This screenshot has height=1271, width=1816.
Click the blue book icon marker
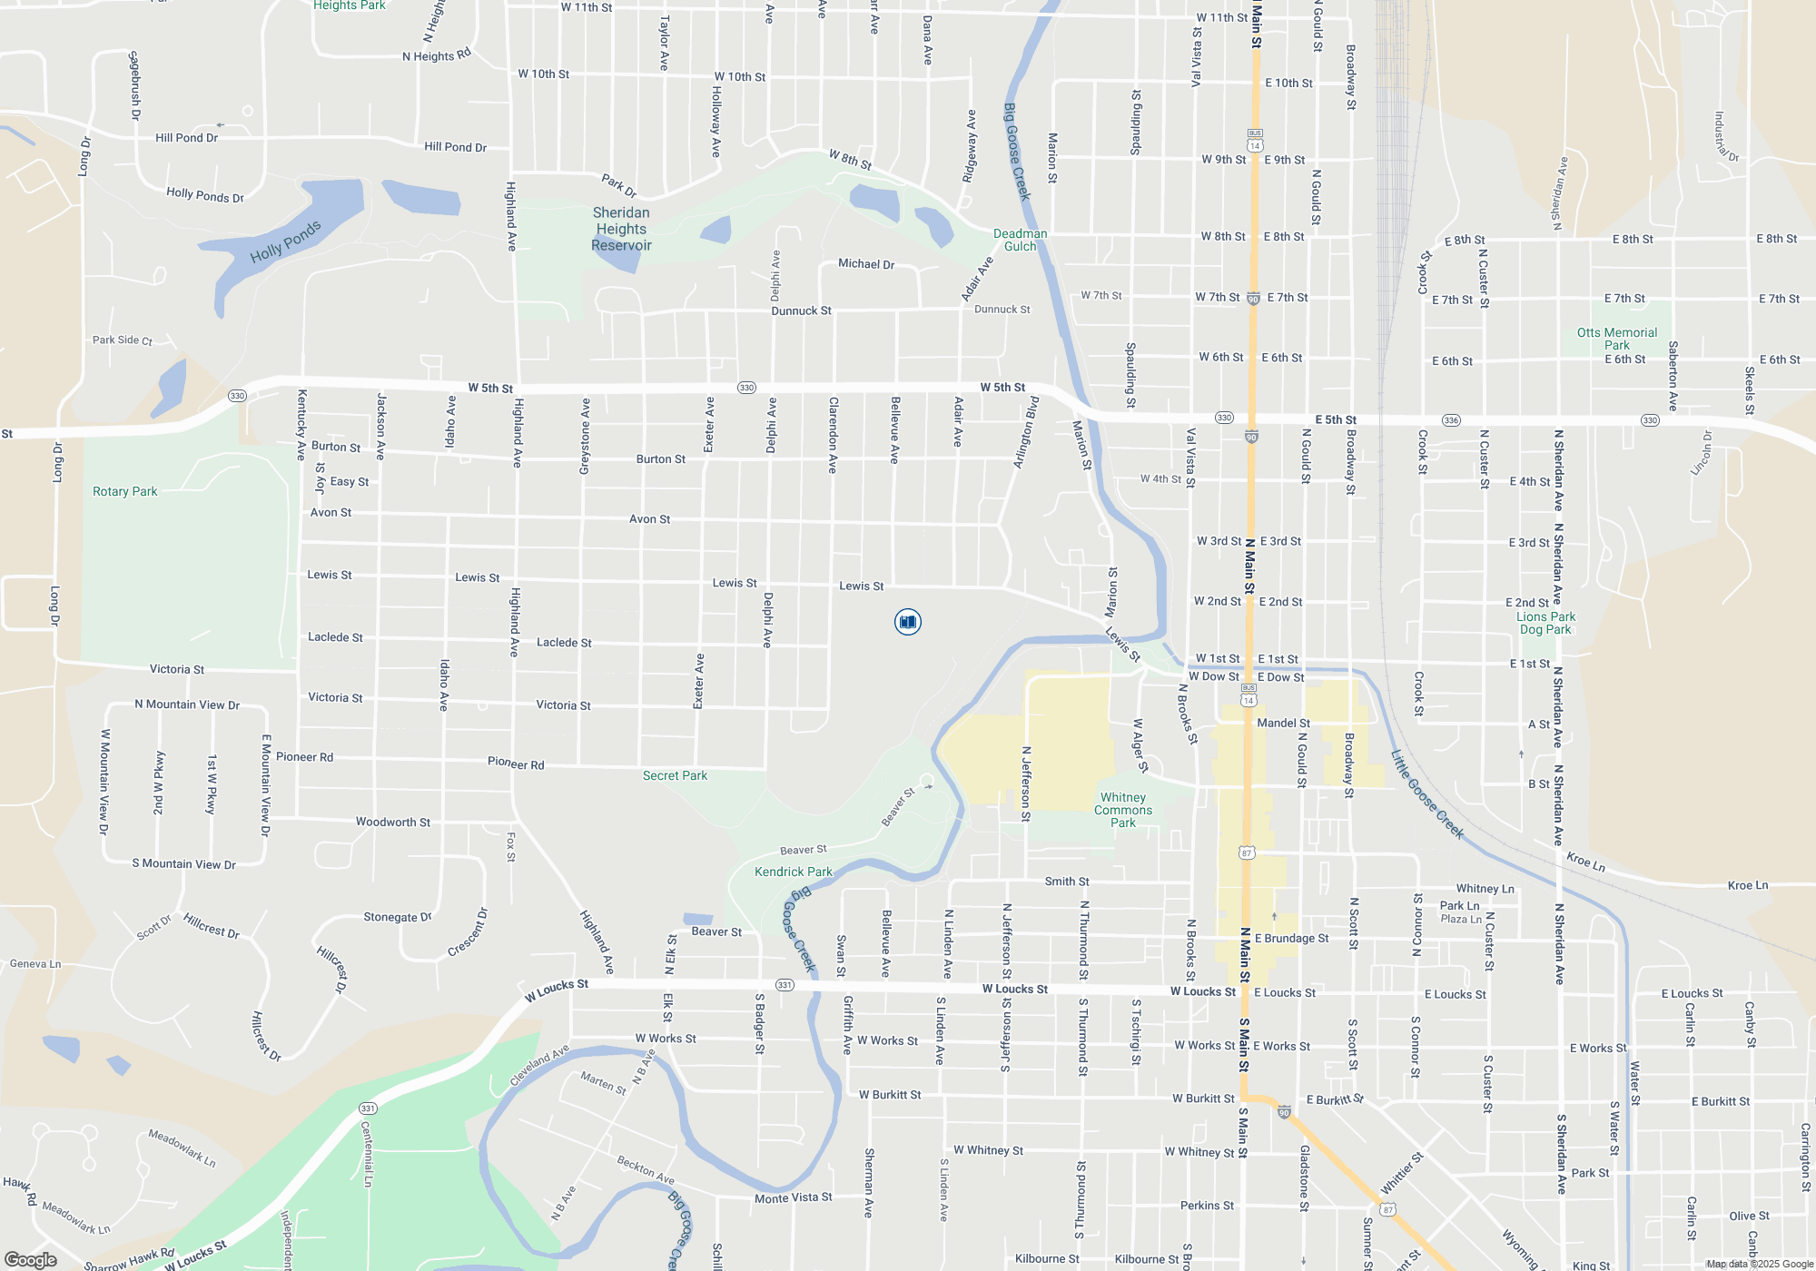[907, 622]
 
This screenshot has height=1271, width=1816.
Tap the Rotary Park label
[125, 491]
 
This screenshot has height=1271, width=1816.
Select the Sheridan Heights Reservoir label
[621, 229]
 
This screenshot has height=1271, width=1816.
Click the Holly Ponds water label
[285, 241]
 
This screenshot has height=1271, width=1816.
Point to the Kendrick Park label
[793, 872]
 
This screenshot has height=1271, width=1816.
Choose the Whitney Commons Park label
[1123, 810]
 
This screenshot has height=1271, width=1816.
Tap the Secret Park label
[675, 775]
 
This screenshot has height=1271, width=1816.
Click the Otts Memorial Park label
[1616, 339]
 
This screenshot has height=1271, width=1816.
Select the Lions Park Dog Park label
[1545, 623]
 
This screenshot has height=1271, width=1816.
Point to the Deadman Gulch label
[1020, 240]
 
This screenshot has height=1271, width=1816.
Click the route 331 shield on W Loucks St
[785, 985]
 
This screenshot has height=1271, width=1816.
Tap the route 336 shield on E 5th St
[1451, 420]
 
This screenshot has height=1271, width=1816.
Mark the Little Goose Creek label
[1427, 794]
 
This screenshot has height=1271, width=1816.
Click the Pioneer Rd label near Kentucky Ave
[304, 757]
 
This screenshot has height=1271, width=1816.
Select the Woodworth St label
[392, 822]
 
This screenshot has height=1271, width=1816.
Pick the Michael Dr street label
[866, 264]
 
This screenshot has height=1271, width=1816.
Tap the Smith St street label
[1066, 882]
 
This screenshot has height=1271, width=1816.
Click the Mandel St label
[1282, 723]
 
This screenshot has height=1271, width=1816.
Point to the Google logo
[30, 1260]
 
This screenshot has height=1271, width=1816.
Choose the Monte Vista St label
[793, 1198]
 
